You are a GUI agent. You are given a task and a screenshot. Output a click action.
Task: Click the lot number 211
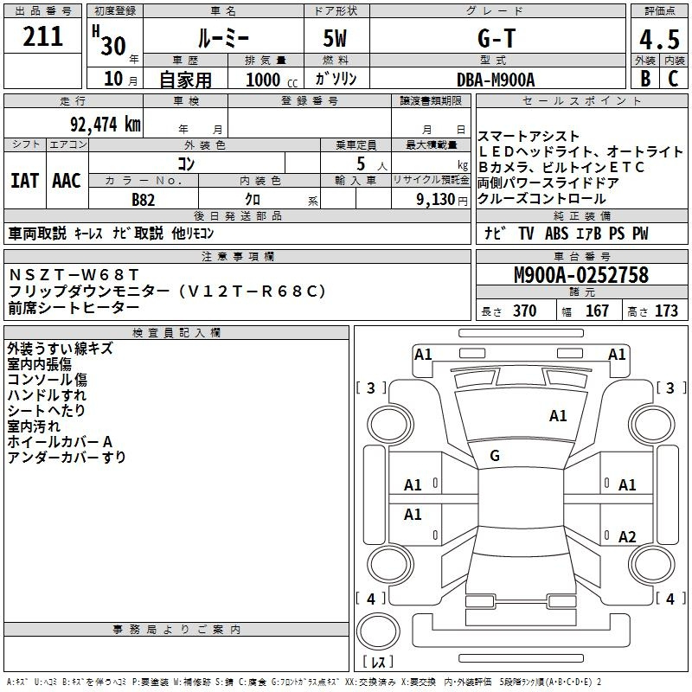tap(44, 36)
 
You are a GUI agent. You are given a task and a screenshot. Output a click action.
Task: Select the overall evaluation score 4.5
tap(659, 40)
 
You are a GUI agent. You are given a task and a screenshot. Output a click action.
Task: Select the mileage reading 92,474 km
tap(105, 124)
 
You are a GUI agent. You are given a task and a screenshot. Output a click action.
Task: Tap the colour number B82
tap(144, 200)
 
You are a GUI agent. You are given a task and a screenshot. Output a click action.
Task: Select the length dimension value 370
tap(524, 311)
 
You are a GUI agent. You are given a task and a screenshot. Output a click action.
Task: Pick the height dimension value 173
tap(666, 311)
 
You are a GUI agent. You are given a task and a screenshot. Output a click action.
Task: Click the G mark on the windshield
tap(495, 456)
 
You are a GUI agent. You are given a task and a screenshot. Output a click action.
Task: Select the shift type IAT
tap(24, 181)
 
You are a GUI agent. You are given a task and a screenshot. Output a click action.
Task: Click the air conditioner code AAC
tap(67, 181)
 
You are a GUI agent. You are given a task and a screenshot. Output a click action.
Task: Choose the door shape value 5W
tap(336, 38)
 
